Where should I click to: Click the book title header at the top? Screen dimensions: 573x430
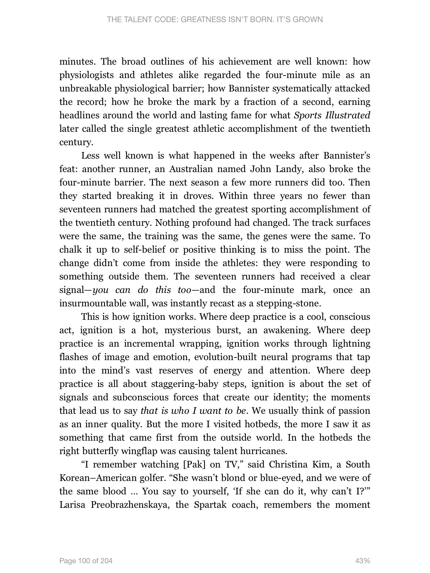pos(215,20)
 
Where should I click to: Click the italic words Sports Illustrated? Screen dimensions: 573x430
pos(332,115)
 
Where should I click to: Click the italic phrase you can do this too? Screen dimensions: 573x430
pos(142,290)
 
